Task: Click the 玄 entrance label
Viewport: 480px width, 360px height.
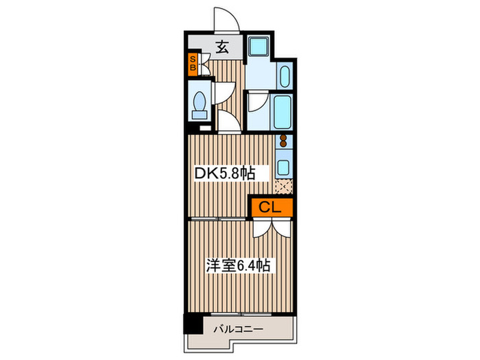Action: pyautogui.click(x=222, y=47)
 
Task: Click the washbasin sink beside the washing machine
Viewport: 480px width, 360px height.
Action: pyautogui.click(x=285, y=77)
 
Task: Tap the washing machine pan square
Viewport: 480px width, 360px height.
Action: pyautogui.click(x=259, y=47)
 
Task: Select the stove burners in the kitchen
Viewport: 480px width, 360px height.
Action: pyautogui.click(x=282, y=143)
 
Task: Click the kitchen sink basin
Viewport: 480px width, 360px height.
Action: pyautogui.click(x=282, y=167)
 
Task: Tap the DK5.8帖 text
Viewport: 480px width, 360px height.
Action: pyautogui.click(x=224, y=174)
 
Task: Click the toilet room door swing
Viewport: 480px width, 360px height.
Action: pyautogui.click(x=224, y=95)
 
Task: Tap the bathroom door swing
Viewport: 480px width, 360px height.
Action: pyautogui.click(x=258, y=103)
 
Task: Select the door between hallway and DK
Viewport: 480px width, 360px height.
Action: pyautogui.click(x=228, y=123)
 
